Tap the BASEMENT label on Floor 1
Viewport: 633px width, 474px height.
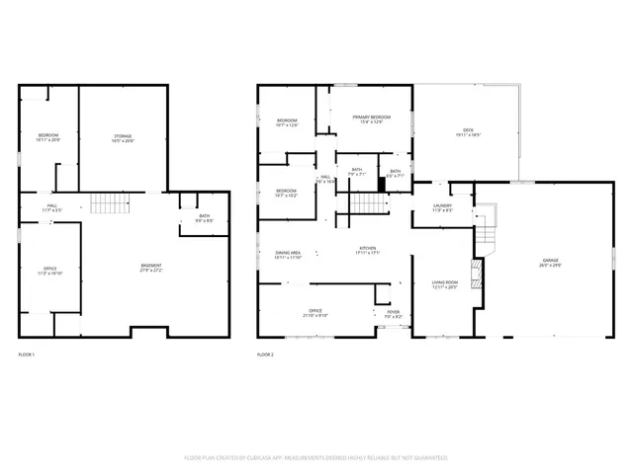tap(150, 268)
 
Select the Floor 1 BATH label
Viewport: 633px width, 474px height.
tap(204, 217)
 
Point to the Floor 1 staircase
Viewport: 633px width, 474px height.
tap(111, 203)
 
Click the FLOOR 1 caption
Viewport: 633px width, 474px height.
tap(27, 354)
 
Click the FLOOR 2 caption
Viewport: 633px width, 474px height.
tap(265, 354)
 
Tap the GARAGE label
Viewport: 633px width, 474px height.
tap(548, 263)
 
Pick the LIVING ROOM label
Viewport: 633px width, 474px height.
tap(444, 285)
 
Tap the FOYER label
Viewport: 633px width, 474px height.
tap(393, 314)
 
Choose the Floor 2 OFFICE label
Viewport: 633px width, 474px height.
tap(316, 313)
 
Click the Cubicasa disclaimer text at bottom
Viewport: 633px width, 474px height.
tap(316, 458)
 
